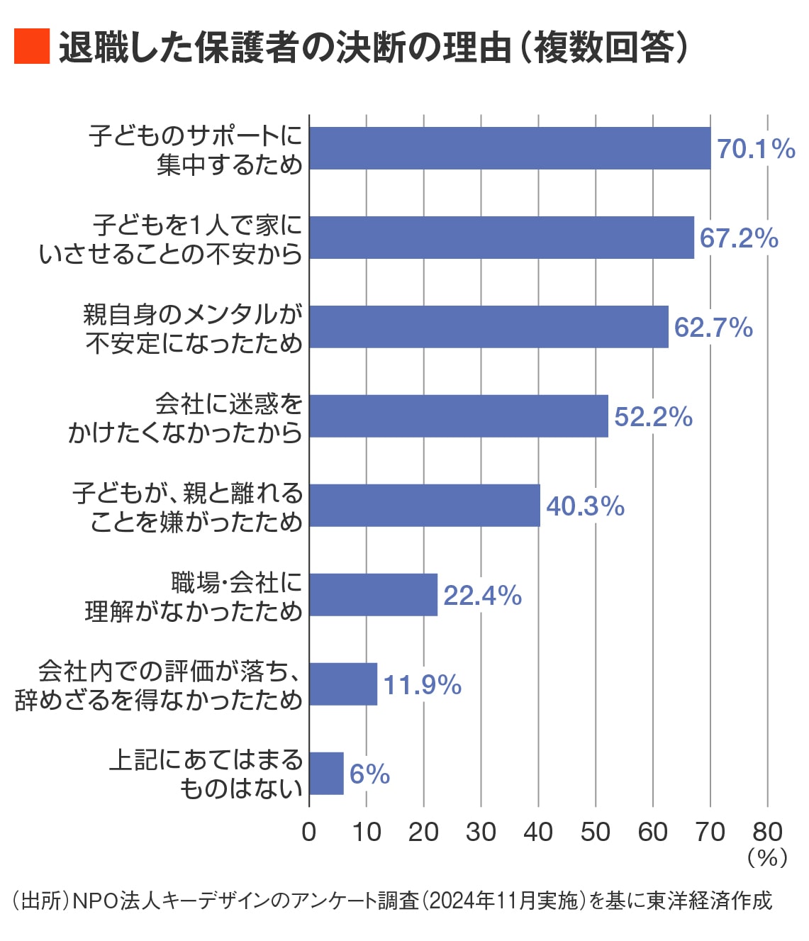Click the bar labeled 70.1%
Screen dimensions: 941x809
(510, 149)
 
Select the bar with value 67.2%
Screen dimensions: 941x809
(501, 238)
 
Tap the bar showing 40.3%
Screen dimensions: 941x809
(425, 506)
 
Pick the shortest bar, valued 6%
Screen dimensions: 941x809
(327, 774)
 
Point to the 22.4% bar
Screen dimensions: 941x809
(374, 595)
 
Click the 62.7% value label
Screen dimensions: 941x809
(713, 328)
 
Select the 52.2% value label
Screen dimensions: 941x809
(653, 417)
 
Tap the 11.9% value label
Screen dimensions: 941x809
(423, 685)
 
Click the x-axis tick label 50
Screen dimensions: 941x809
(596, 832)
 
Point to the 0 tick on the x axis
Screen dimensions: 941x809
(309, 832)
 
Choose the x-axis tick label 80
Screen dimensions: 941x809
(767, 832)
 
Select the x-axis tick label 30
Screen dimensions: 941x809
(481, 832)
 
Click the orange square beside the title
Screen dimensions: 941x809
(32, 47)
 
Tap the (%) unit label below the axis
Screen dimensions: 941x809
(767, 858)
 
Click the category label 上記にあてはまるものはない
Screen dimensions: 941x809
(206, 774)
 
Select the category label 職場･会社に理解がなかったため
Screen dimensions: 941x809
(194, 596)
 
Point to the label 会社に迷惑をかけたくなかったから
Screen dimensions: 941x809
(186, 418)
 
